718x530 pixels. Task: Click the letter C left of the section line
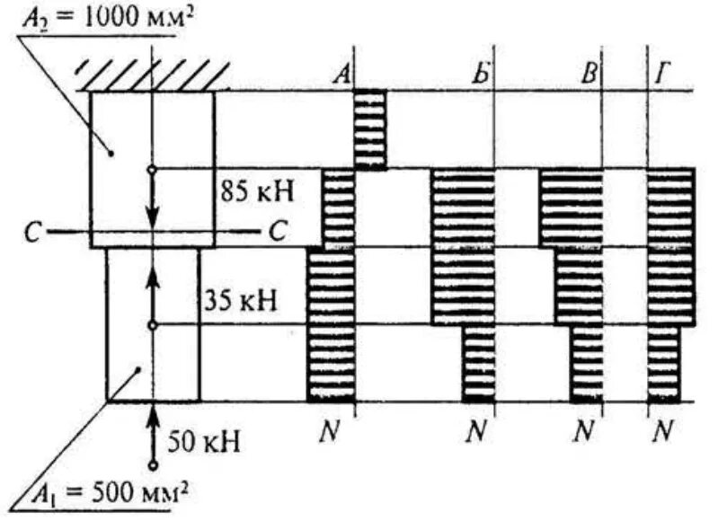click(x=33, y=232)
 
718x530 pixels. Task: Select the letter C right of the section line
click(x=276, y=231)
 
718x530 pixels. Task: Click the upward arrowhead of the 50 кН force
click(x=153, y=414)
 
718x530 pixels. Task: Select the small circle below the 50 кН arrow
click(x=153, y=464)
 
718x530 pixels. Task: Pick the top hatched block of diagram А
click(x=370, y=128)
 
